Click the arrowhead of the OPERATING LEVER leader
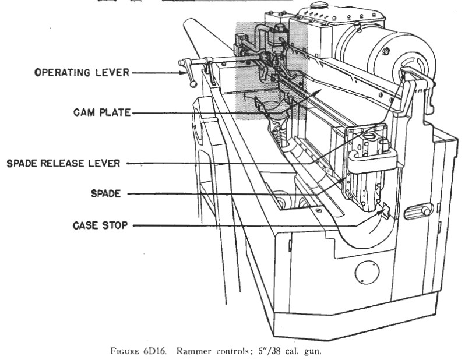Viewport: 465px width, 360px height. [182, 73]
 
